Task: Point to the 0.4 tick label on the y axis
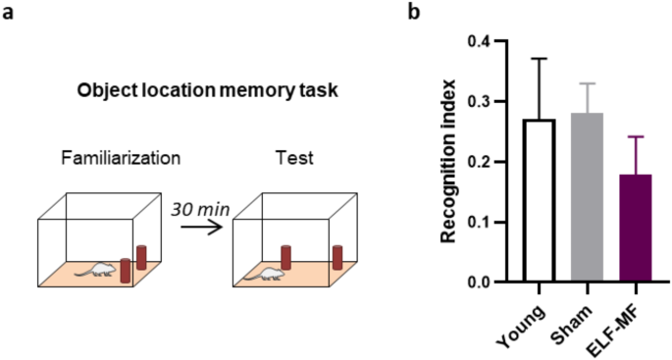click(478, 42)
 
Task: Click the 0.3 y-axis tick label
click(478, 102)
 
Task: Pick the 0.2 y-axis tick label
click(478, 162)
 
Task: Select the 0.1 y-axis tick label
click(478, 223)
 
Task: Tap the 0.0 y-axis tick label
click(478, 283)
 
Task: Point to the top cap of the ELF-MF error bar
click(631, 137)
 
